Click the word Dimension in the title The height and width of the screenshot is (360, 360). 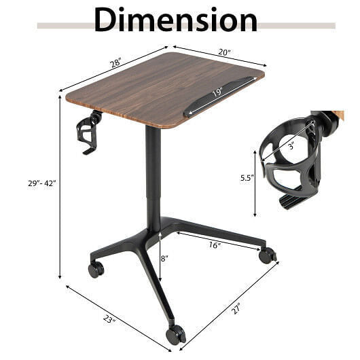176,20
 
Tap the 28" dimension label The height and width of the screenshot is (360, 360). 115,63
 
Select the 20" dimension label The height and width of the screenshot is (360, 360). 224,52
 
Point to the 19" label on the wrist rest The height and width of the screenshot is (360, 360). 217,92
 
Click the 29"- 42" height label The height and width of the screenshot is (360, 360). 42,183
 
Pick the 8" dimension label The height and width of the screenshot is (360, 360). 164,259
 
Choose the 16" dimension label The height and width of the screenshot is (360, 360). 215,245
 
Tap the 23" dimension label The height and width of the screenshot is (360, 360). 109,319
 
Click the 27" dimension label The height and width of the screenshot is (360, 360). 236,309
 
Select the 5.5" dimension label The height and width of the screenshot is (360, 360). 247,178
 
